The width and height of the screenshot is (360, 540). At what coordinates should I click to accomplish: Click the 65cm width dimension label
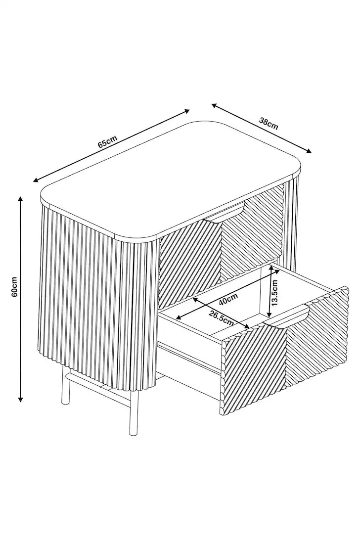(x=107, y=143)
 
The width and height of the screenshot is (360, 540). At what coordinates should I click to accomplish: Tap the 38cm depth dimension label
(x=269, y=123)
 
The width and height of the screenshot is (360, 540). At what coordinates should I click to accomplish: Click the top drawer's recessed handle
(x=225, y=213)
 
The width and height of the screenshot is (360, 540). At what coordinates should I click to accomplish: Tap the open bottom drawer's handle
(x=288, y=316)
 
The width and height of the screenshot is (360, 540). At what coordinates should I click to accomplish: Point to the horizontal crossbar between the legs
(x=99, y=384)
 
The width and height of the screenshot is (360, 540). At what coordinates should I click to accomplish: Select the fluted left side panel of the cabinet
(x=84, y=297)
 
